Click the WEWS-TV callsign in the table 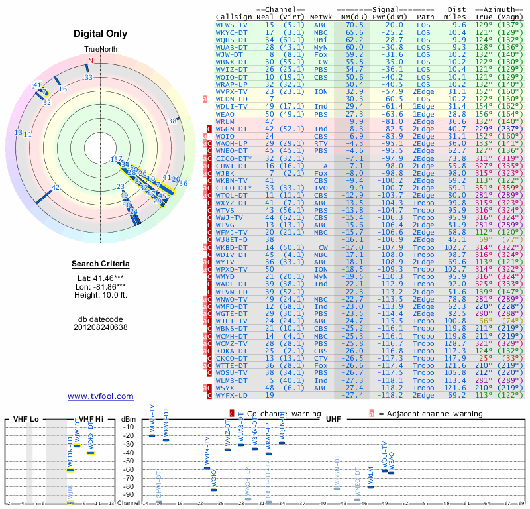coord(232,24)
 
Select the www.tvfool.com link coord(100,396)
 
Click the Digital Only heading coord(100,34)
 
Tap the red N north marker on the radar coord(91,61)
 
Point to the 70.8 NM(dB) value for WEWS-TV coord(354,24)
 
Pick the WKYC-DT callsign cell coord(232,32)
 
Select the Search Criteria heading coord(100,264)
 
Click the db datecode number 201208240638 coord(100,327)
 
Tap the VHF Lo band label coord(26,419)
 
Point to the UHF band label coord(333,419)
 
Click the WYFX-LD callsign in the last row coord(232,395)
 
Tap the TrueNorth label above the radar coord(100,50)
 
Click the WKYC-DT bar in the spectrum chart coord(166,439)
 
